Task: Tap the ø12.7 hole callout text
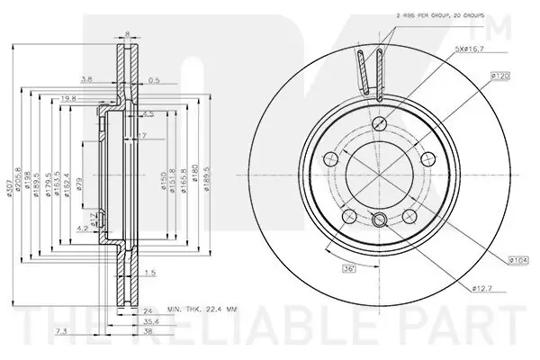click(484, 289)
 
